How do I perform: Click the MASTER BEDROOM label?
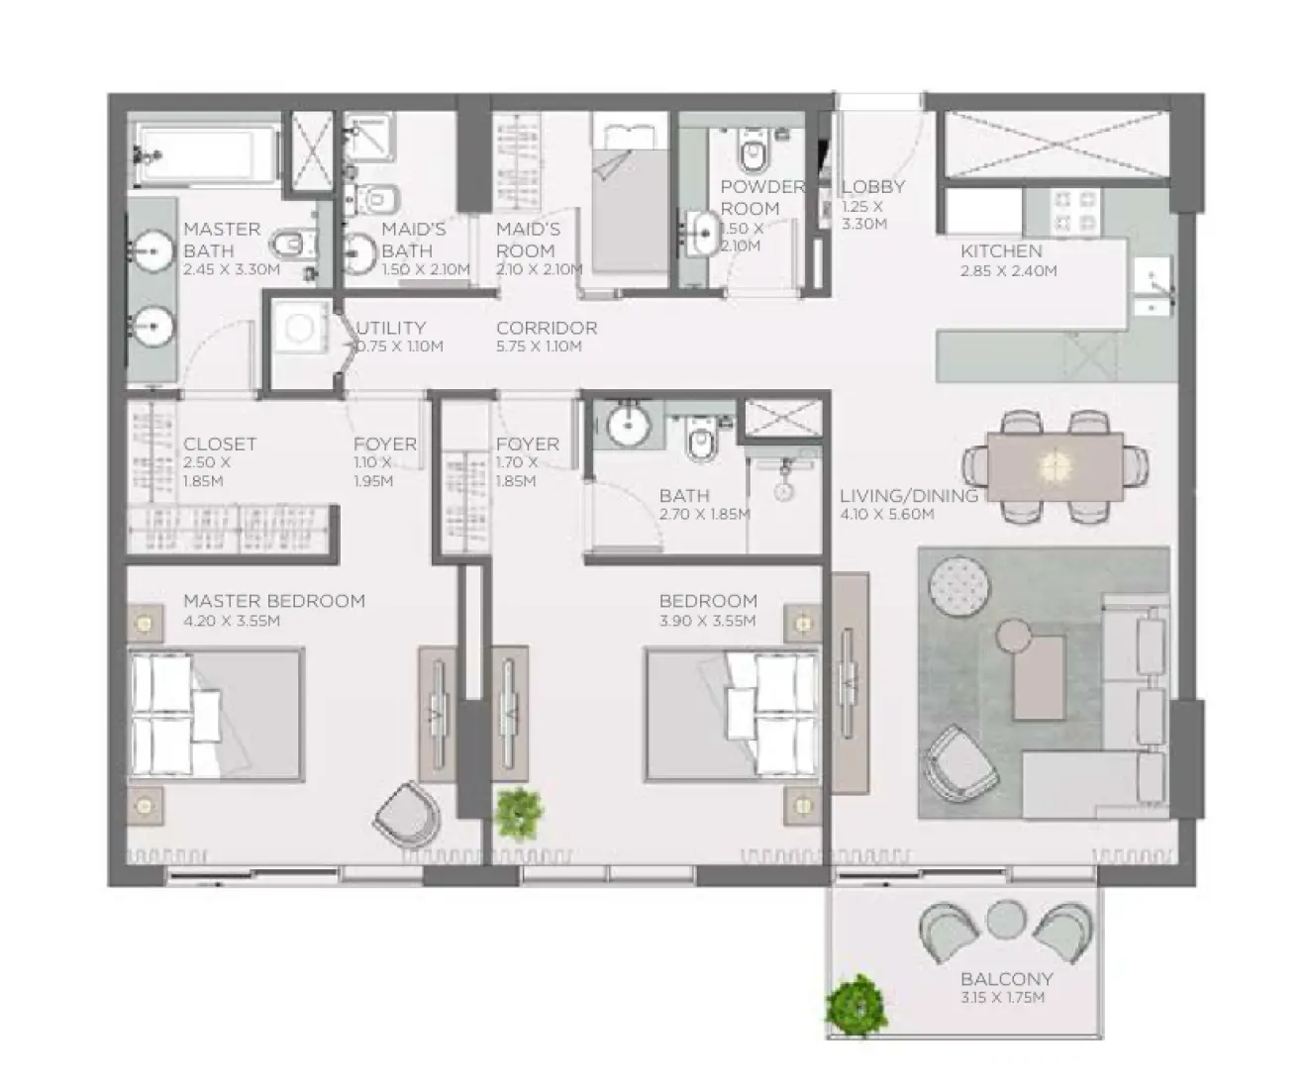pyautogui.click(x=273, y=601)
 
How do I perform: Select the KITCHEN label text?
pyautogui.click(x=1000, y=251)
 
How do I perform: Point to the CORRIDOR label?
pyautogui.click(x=547, y=328)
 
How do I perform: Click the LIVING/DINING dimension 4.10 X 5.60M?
pyautogui.click(x=887, y=515)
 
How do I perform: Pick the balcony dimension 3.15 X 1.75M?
pyautogui.click(x=1002, y=998)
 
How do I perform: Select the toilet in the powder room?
pyautogui.click(x=754, y=153)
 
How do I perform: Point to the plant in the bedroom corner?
pyautogui.click(x=518, y=813)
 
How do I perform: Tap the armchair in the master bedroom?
pyautogui.click(x=408, y=815)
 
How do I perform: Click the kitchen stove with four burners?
pyautogui.click(x=1076, y=209)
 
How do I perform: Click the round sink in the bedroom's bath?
pyautogui.click(x=627, y=426)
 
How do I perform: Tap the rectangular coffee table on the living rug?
pyautogui.click(x=1039, y=677)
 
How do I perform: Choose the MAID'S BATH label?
pyautogui.click(x=413, y=240)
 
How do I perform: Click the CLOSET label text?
pyautogui.click(x=220, y=445)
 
